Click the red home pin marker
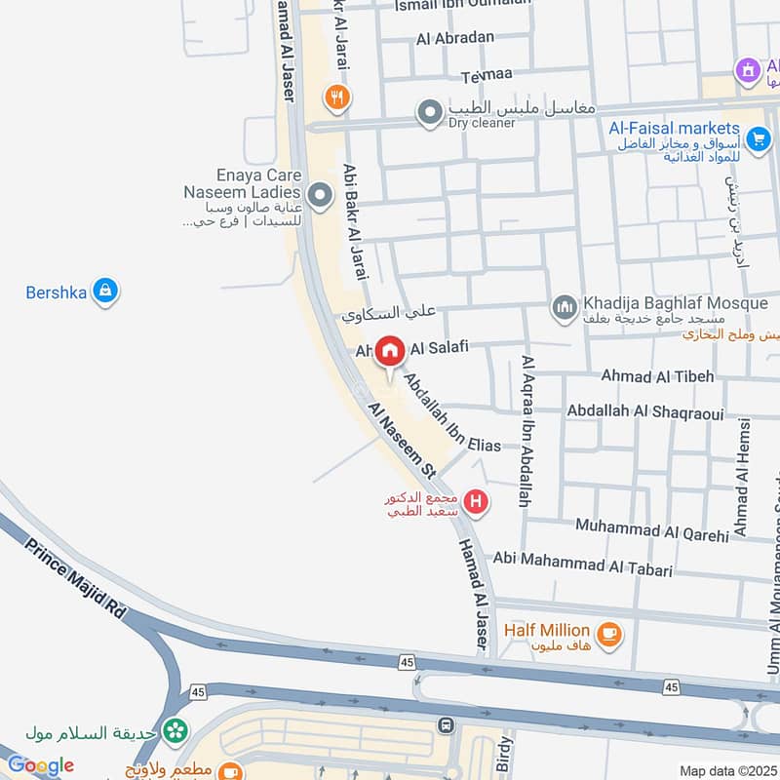(390, 352)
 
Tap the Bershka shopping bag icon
(105, 291)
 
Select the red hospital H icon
(476, 503)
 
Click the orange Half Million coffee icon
(610, 635)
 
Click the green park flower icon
(175, 728)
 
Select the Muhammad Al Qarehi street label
(651, 529)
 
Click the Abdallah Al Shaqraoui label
(645, 411)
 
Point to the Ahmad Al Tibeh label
(657, 375)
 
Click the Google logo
(40, 765)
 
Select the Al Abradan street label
(455, 38)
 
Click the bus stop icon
(447, 725)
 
